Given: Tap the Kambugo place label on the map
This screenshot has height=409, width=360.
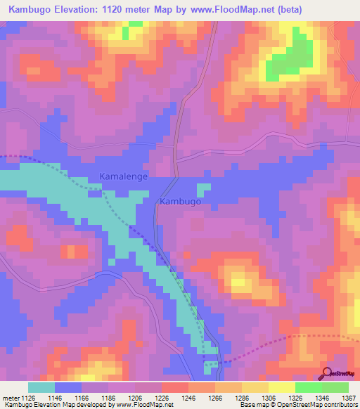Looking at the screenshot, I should coord(181,202).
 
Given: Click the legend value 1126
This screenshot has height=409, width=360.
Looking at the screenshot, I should coord(26,397).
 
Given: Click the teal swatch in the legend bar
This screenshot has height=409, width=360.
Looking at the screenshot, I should coord(41,387).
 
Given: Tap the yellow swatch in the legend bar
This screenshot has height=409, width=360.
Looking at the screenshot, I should coord(281,387).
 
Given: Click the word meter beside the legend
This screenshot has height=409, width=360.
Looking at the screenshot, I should coord(10,397).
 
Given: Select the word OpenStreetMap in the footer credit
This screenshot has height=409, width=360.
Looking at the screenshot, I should coord(287,405).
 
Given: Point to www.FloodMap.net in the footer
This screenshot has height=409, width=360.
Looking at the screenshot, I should coord(146,405).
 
